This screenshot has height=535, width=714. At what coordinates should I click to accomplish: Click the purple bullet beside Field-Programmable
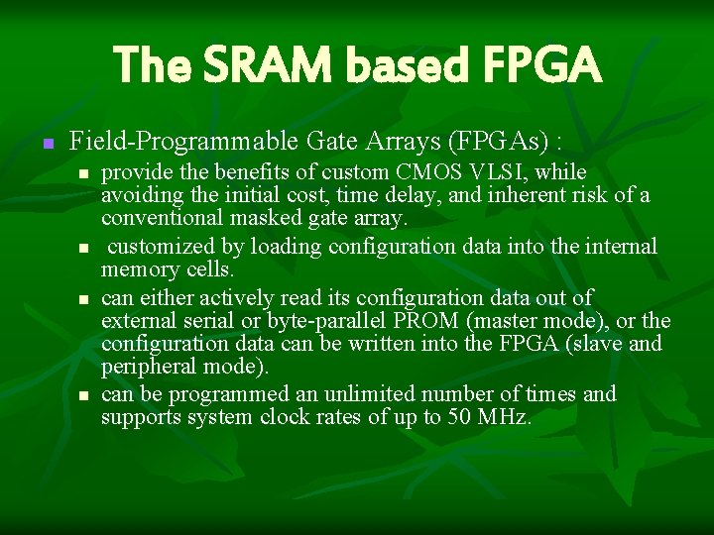[45, 144]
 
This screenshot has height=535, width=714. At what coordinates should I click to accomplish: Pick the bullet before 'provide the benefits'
[84, 174]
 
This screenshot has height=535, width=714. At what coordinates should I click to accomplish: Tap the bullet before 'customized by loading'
[84, 248]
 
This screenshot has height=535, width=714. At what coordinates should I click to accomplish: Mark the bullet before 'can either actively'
[84, 298]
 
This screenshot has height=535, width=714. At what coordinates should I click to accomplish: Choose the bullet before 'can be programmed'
[84, 395]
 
